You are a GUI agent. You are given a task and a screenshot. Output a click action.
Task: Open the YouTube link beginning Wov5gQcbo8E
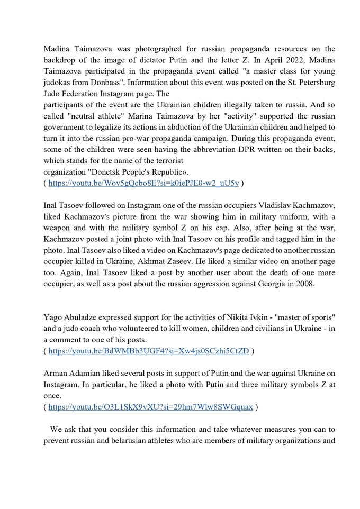point(143,183)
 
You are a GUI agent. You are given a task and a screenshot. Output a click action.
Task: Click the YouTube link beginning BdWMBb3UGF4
point(149,350)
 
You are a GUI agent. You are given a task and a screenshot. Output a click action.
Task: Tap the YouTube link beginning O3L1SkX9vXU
point(151,407)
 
